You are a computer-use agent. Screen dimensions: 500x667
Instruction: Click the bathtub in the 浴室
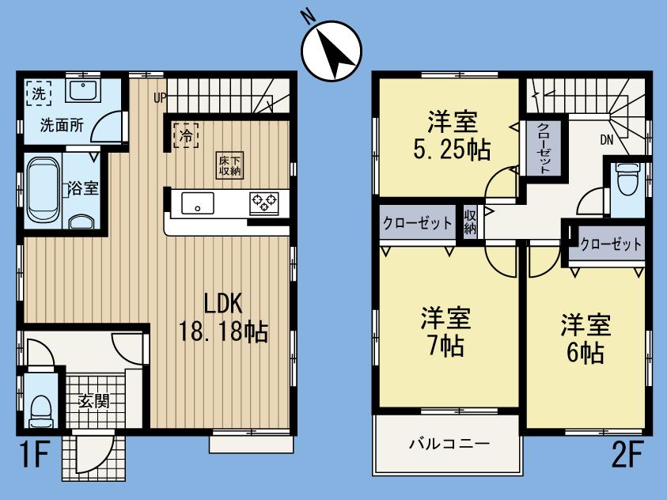pyautogui.click(x=44, y=189)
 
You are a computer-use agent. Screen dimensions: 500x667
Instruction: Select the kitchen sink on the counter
pyautogui.click(x=195, y=203)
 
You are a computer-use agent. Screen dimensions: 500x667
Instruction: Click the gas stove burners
pyautogui.click(x=263, y=203)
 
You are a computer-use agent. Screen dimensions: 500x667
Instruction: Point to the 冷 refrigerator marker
pyautogui.click(x=186, y=134)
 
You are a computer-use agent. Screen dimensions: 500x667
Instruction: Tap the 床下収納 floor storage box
pyautogui.click(x=230, y=165)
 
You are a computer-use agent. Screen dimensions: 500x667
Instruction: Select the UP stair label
pyautogui.click(x=161, y=98)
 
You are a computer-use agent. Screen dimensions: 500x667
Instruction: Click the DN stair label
pyautogui.click(x=607, y=141)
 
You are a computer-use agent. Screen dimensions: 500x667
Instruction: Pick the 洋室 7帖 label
pyautogui.click(x=445, y=331)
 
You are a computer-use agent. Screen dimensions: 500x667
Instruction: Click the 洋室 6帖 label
pyautogui.click(x=586, y=338)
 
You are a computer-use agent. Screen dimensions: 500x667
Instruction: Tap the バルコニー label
pyautogui.click(x=449, y=443)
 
